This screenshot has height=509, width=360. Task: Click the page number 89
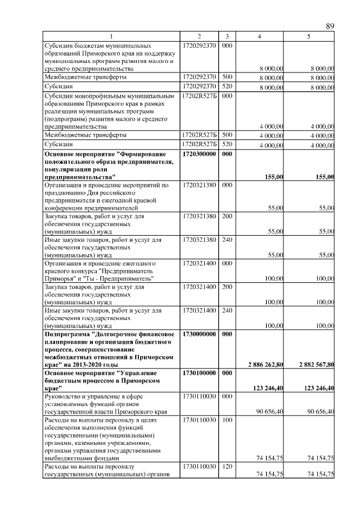pyautogui.click(x=330, y=26)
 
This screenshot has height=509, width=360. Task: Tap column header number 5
pyautogui.click(x=308, y=37)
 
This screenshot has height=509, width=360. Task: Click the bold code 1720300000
pyautogui.click(x=199, y=153)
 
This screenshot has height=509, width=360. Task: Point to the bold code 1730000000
pyautogui.click(x=199, y=334)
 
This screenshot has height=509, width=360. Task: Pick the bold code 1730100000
pyautogui.click(x=199, y=372)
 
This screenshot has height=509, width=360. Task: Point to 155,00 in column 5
pyautogui.click(x=325, y=177)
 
